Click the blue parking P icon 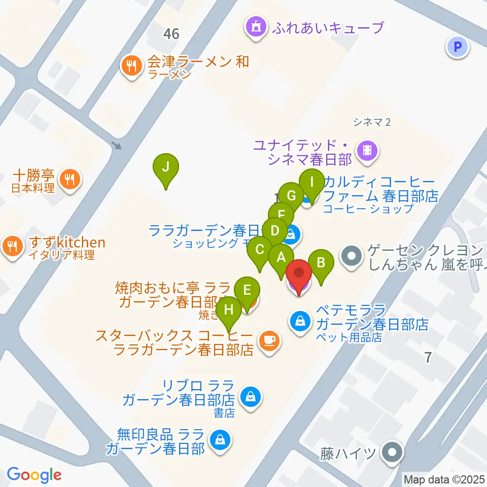[458, 48]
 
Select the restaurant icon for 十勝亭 [68, 179]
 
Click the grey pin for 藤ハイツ [392, 451]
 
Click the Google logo [34, 474]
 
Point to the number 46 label [171, 34]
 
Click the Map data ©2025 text [444, 478]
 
